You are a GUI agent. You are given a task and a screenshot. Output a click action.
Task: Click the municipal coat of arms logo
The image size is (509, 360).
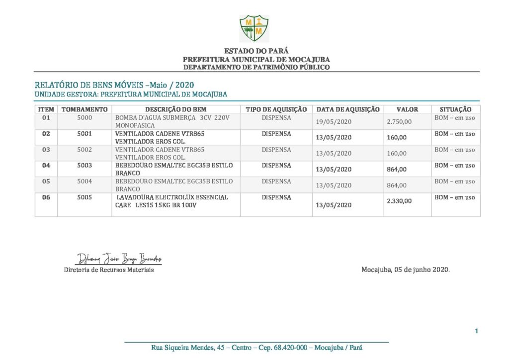click(254, 28)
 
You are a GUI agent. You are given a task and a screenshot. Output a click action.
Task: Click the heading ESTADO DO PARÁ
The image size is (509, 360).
click(256, 51)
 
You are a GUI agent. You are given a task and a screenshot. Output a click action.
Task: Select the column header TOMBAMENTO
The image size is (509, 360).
click(84, 109)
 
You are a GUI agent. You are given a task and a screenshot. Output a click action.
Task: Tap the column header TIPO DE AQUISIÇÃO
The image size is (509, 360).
click(276, 109)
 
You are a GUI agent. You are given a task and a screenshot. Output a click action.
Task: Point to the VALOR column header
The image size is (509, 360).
click(407, 109)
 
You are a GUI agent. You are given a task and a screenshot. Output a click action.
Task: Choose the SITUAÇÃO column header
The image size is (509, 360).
click(455, 109)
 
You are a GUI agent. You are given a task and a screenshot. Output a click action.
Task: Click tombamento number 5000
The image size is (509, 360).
click(85, 118)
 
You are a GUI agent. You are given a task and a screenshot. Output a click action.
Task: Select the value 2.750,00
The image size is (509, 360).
click(399, 122)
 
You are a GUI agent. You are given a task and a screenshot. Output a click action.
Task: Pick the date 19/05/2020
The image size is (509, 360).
click(334, 122)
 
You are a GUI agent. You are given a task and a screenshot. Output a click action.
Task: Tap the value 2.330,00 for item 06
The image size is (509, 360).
click(399, 201)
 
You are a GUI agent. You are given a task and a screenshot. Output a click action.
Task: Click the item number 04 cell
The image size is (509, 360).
click(46, 166)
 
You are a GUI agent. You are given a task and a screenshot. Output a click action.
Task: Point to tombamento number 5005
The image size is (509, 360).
click(85, 197)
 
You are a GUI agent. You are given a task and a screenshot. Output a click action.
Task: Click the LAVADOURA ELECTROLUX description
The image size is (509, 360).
click(171, 201)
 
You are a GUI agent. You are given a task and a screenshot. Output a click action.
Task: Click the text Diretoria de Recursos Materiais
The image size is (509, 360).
click(109, 270)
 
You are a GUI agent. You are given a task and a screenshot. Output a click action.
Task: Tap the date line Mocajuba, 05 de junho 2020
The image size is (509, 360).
click(405, 270)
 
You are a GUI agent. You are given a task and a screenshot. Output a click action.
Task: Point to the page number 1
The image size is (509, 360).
click(476, 331)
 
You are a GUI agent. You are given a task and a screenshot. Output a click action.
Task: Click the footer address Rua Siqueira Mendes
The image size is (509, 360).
click(256, 348)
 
